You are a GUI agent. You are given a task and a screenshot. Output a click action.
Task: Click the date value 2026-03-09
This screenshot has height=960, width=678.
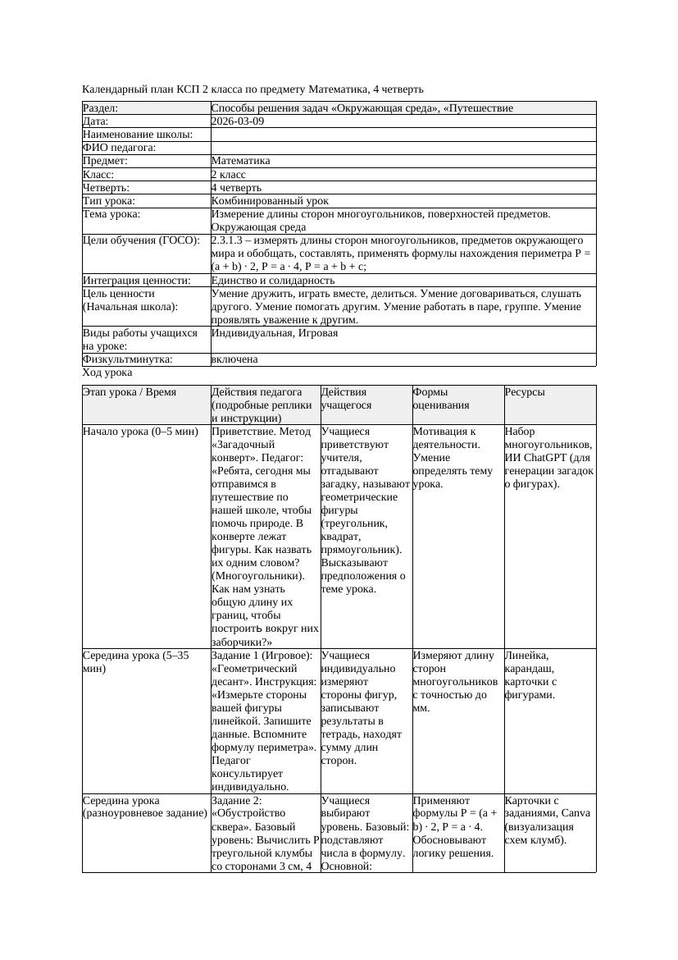pyautogui.click(x=237, y=121)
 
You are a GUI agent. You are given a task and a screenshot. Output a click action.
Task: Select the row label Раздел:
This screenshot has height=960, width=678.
pyautogui.click(x=101, y=108)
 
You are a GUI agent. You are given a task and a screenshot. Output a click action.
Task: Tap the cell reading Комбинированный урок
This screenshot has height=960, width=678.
pyautogui.click(x=270, y=201)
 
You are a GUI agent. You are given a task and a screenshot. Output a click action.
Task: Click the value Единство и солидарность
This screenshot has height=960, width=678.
pyautogui.click(x=273, y=281)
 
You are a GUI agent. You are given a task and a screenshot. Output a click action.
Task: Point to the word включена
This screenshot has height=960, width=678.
pyautogui.click(x=234, y=359)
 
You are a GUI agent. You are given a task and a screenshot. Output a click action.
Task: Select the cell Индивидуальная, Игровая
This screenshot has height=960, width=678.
pyautogui.click(x=274, y=334)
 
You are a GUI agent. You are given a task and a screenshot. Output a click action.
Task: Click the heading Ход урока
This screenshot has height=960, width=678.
pyautogui.click(x=107, y=373)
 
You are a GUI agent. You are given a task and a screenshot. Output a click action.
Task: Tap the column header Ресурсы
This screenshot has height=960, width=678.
pyautogui.click(x=526, y=393)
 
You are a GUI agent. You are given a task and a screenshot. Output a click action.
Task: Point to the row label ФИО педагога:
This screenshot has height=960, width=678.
pyautogui.click(x=120, y=148)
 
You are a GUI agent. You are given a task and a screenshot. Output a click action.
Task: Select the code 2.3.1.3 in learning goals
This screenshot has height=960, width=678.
pyautogui.click(x=230, y=241)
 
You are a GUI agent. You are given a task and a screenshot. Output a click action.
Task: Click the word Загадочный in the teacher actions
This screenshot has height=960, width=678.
pyautogui.click(x=243, y=444)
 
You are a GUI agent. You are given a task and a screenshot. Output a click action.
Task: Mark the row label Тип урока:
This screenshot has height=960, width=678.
pyautogui.click(x=109, y=201)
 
